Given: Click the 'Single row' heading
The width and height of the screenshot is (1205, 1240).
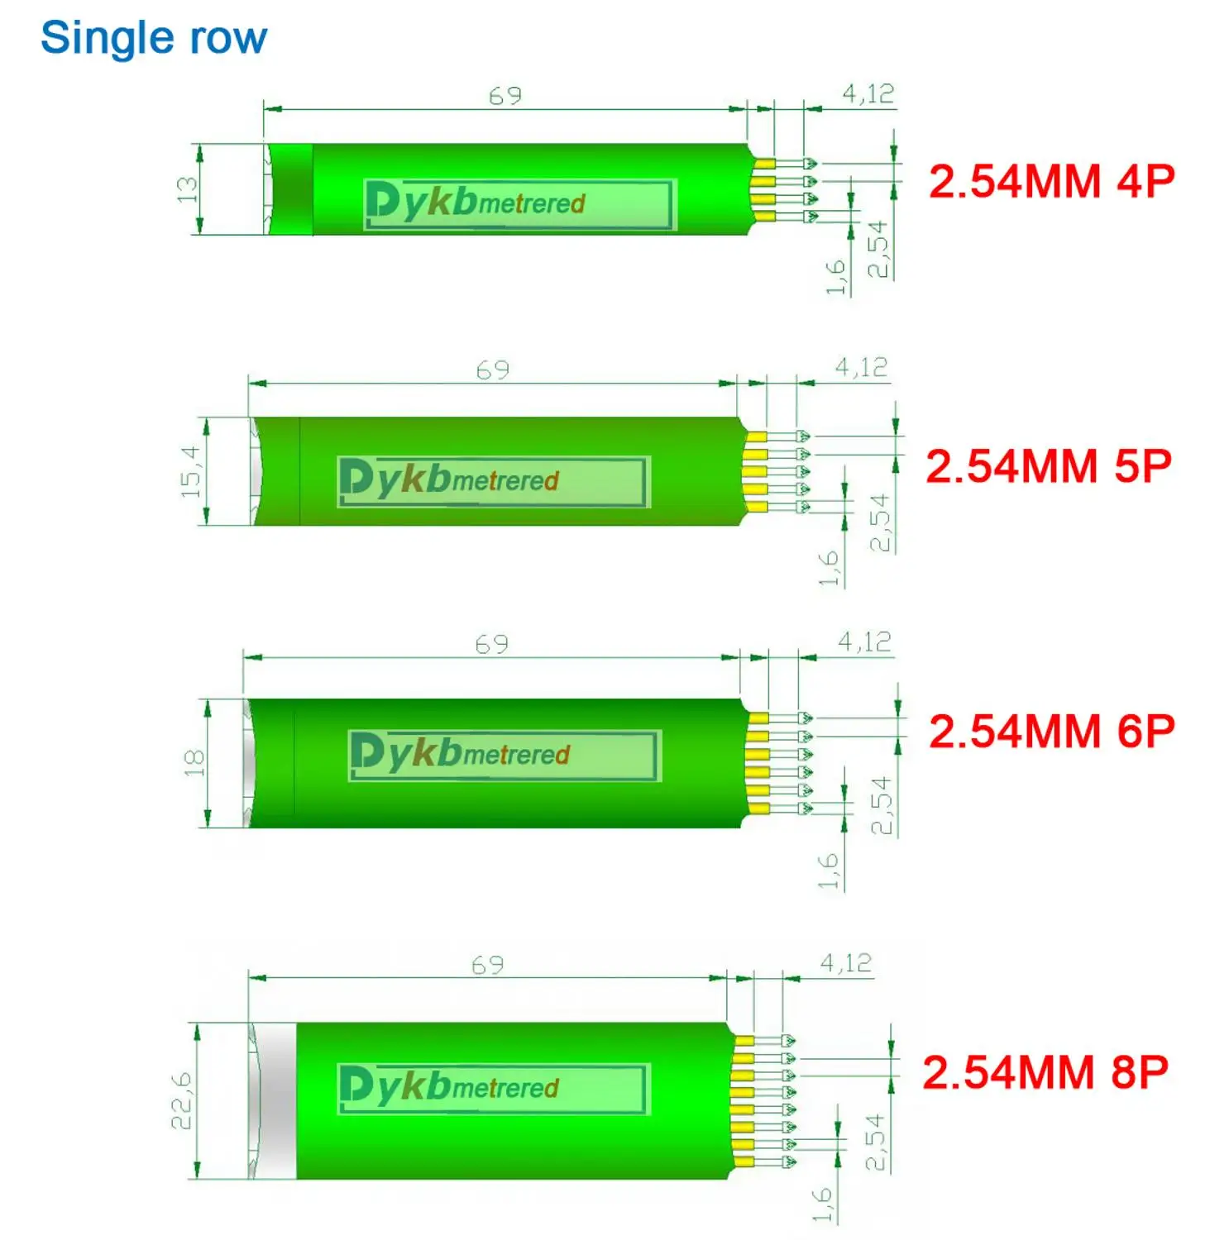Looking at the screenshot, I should pos(154,38).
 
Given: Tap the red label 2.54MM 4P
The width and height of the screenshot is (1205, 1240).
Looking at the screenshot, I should pos(1051,181).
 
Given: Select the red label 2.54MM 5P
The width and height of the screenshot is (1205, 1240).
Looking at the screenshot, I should pos(1048,466).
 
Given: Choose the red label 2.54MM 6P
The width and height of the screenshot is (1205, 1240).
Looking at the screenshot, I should pos(1051,732).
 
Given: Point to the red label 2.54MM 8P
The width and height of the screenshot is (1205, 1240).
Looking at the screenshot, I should pos(1045,1072).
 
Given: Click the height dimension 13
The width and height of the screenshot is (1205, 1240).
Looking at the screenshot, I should pos(188,189).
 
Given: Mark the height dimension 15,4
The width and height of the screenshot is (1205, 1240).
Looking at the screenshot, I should pos(190,471).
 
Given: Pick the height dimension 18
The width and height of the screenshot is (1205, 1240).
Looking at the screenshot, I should pos(194,762).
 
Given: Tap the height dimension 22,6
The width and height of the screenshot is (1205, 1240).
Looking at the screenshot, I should pos(181,1100).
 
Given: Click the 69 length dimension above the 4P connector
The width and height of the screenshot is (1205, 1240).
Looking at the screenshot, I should pos(505,96).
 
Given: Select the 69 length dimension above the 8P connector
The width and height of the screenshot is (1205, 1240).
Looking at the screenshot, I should pos(488,965).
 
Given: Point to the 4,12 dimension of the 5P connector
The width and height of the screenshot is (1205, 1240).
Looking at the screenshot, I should pos(861,367).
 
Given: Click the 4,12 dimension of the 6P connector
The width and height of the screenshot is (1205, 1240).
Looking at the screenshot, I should pos(864,641).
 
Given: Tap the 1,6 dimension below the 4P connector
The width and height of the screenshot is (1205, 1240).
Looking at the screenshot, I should pos(836,277).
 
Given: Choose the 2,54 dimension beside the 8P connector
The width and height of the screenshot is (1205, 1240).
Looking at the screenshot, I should pos(874,1142).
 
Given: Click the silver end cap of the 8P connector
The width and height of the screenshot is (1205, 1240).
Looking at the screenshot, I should pos(273,1100).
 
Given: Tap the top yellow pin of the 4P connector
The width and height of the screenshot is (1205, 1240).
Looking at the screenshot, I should pos(764,164).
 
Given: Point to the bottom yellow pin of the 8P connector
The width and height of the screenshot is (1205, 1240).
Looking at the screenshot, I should pos(744,1162).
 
